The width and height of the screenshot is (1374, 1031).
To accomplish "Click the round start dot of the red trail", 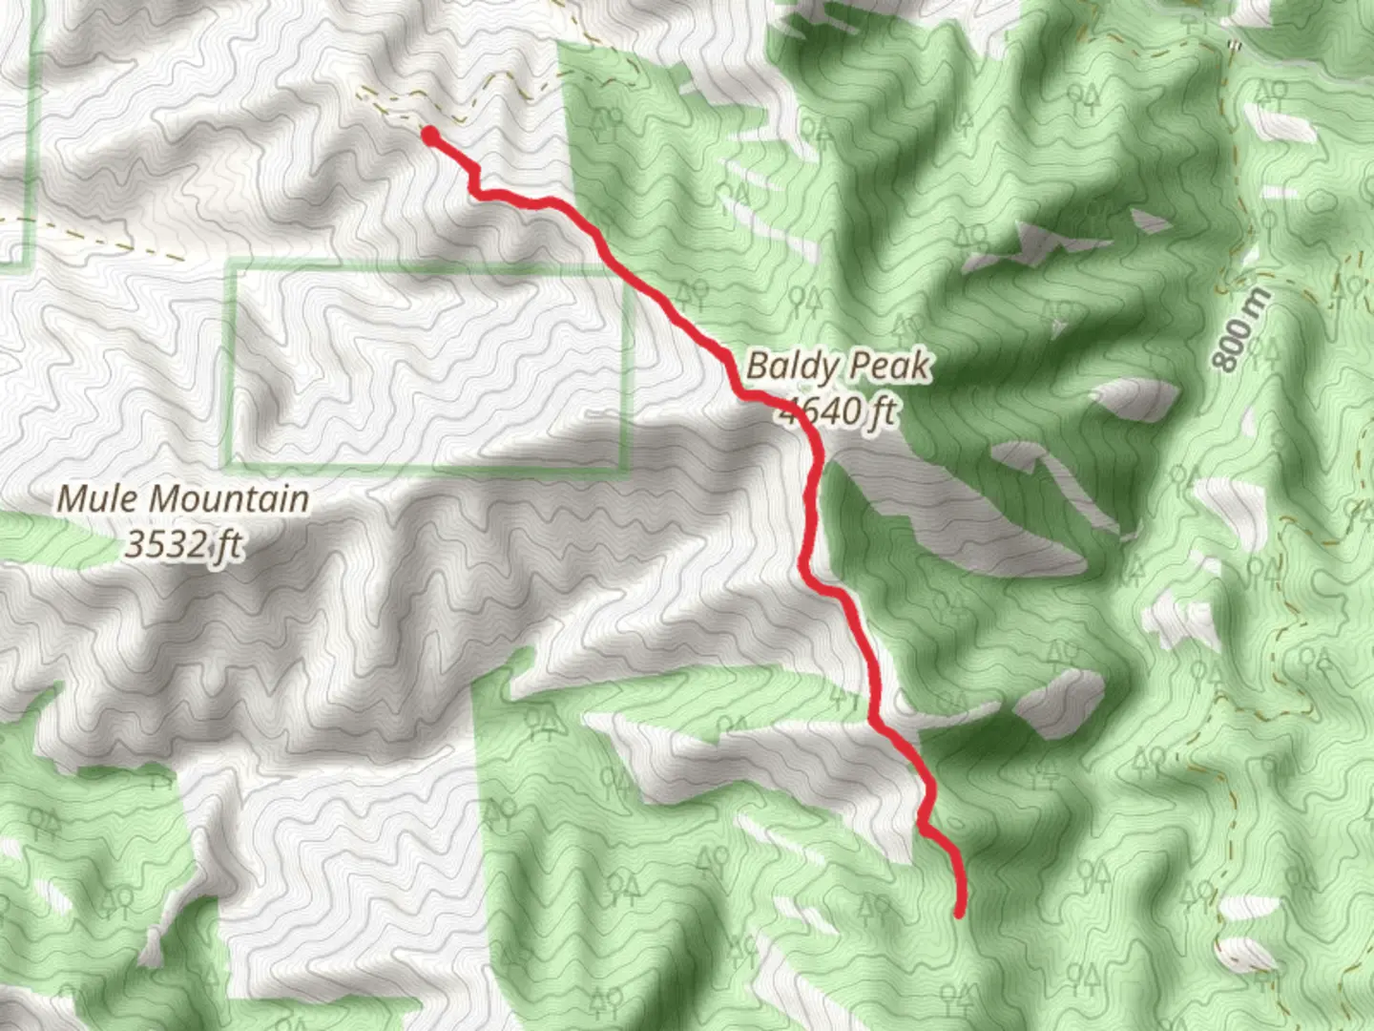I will [430, 136].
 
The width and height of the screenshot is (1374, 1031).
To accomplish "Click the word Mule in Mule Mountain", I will [98, 498].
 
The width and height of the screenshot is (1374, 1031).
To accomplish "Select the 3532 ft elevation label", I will [184, 545].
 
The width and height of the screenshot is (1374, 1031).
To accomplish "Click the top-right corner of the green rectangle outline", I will [630, 271].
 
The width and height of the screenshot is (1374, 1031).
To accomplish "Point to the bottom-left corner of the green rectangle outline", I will [230, 467].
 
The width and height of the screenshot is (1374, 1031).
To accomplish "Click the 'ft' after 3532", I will [230, 545].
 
